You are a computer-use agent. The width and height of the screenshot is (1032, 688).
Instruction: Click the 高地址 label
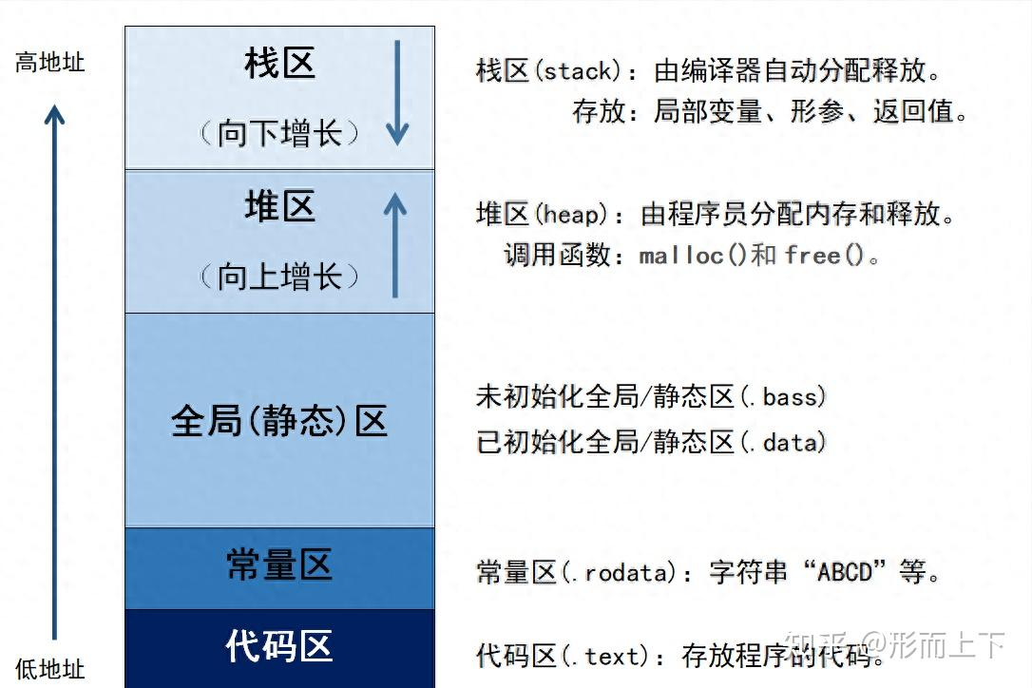tap(49, 64)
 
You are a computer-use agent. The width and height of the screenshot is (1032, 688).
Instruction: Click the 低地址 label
tap(49, 669)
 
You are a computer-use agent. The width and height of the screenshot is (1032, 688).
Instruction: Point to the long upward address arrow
tap(54, 371)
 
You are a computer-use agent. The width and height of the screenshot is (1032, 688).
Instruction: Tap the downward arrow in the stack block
tap(397, 95)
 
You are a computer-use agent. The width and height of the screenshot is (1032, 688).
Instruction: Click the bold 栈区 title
tap(279, 64)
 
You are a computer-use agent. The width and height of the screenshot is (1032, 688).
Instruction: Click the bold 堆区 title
tap(279, 206)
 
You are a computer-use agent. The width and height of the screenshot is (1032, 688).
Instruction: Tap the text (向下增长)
tap(279, 133)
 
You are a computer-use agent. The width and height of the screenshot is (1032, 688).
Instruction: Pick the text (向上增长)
tap(279, 277)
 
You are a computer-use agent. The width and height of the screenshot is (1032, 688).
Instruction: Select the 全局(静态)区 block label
tap(279, 421)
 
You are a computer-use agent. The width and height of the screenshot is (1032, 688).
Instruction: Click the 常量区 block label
tap(279, 564)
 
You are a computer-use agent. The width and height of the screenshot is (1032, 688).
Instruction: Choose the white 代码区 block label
tap(279, 646)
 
